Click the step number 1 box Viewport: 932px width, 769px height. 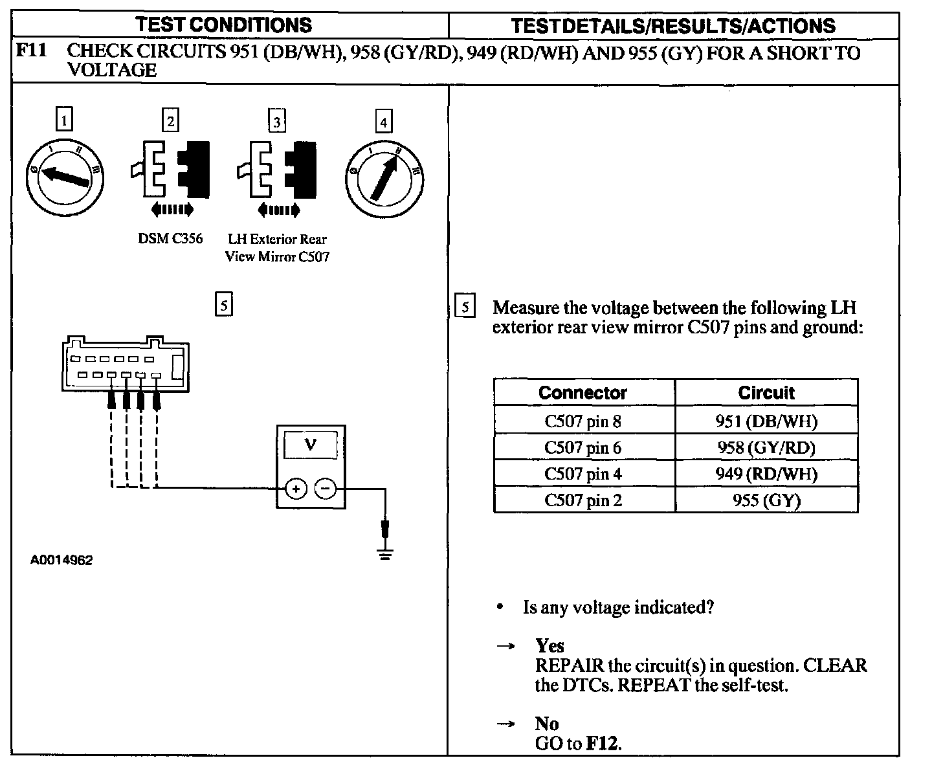pyautogui.click(x=64, y=120)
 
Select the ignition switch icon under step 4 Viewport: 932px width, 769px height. pyautogui.click(x=384, y=175)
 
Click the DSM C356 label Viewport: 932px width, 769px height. pyautogui.click(x=170, y=239)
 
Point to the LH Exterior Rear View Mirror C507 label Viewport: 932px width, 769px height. pyautogui.click(x=277, y=248)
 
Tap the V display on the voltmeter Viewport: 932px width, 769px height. pyautogui.click(x=311, y=446)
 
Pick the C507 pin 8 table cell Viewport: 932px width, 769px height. pyautogui.click(x=583, y=421)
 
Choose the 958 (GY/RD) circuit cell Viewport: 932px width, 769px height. pyautogui.click(x=766, y=447)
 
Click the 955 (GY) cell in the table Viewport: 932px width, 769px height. pyautogui.click(x=766, y=500)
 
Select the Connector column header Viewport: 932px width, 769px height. pyautogui.click(x=583, y=393)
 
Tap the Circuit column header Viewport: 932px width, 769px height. pyautogui.click(x=766, y=393)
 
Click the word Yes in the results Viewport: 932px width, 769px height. pyautogui.click(x=549, y=645)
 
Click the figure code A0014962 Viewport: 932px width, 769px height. pyautogui.click(x=61, y=561)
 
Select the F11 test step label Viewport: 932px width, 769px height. pyautogui.click(x=32, y=51)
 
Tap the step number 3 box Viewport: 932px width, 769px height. pyautogui.click(x=277, y=121)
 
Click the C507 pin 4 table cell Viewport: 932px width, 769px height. pyautogui.click(x=583, y=474)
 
